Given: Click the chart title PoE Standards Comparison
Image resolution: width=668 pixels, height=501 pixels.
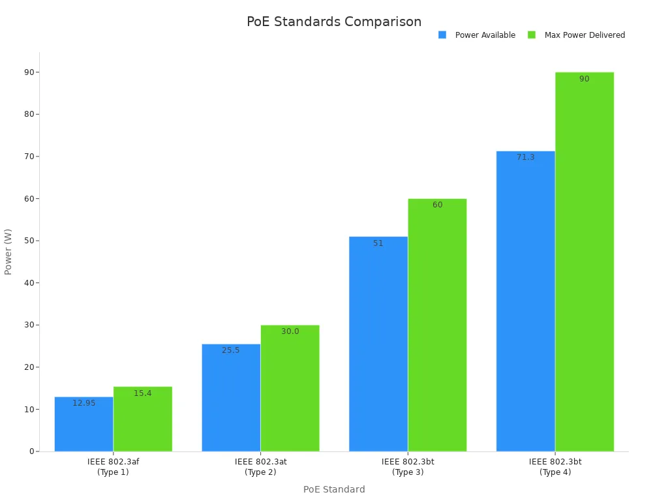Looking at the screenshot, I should [x=334, y=22].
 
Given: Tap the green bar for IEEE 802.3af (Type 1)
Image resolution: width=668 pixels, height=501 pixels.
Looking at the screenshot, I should [x=143, y=421].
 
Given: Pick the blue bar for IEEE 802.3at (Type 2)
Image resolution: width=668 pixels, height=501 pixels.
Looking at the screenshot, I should [x=231, y=399].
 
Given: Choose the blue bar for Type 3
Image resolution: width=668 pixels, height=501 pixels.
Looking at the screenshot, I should [x=378, y=346].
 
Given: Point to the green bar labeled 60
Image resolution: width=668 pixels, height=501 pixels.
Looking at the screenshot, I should [x=437, y=326].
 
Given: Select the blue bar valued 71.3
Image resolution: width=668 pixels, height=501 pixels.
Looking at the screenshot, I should [x=526, y=303].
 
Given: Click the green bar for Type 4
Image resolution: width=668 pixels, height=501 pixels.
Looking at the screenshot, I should [x=584, y=261].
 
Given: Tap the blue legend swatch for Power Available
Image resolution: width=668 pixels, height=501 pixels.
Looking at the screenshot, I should [x=442, y=35].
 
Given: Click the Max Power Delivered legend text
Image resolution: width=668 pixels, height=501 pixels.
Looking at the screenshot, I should [x=584, y=35].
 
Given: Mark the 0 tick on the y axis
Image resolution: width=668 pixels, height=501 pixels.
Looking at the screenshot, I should [x=31, y=451].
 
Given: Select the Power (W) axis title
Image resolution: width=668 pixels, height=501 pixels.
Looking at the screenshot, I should [x=8, y=252].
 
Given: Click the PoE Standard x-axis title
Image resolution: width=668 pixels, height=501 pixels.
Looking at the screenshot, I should [x=334, y=489].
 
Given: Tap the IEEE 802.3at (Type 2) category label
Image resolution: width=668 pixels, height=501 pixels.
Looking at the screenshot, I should [x=260, y=466].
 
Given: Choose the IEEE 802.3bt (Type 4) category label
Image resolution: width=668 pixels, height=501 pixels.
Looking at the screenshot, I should [x=555, y=466].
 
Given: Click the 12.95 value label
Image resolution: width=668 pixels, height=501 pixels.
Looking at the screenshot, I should [x=83, y=403].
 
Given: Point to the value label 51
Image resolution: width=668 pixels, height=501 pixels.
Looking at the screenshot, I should [x=378, y=243].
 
